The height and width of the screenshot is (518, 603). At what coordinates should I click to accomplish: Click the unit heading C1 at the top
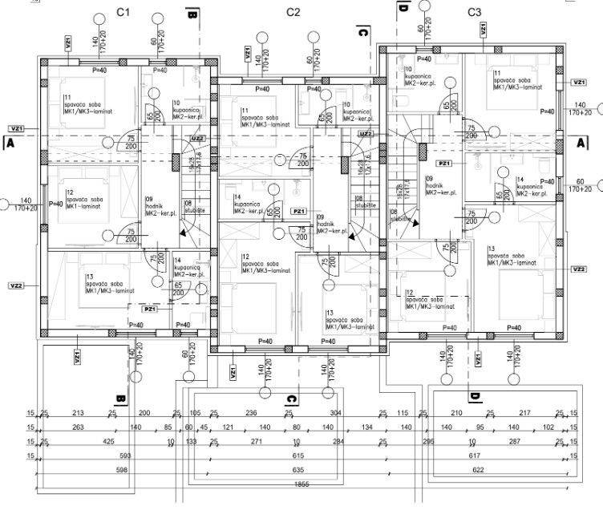tap(123, 12)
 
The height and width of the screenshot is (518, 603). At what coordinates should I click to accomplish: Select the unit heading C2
tap(293, 12)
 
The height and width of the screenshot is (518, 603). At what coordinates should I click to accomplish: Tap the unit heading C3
tap(474, 12)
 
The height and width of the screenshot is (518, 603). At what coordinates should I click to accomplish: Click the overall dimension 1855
tap(301, 485)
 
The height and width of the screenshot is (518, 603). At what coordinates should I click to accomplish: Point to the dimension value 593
tap(123, 456)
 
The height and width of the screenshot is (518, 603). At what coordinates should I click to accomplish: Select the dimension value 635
tap(299, 470)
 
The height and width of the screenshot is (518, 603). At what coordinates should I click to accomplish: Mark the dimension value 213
tap(78, 414)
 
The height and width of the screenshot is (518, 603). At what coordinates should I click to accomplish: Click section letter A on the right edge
tap(580, 141)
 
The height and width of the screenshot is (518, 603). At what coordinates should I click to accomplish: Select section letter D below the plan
tap(475, 397)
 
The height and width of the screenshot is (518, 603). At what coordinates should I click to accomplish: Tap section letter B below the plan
tap(120, 398)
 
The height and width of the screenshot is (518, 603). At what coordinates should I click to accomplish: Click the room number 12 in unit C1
tap(71, 192)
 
